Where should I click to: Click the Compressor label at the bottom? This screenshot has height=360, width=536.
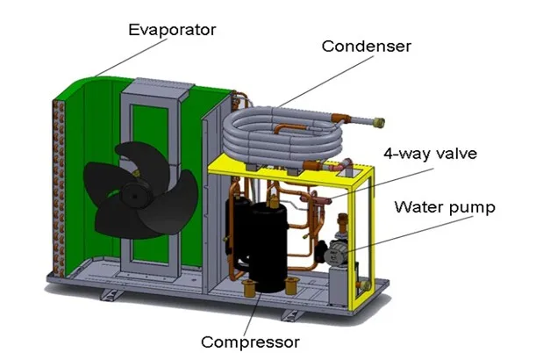pos(250,341)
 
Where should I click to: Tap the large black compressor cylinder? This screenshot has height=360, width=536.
pos(264,241)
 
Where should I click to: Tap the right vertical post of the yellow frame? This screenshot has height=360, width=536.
pos(369,237)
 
